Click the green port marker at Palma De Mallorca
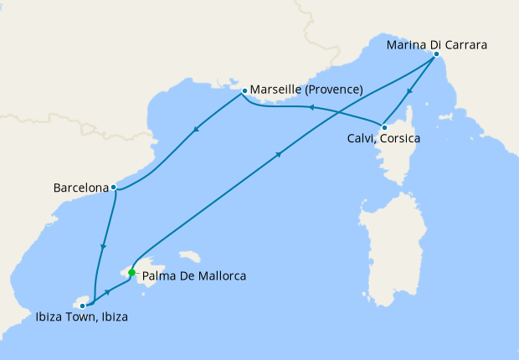coord(131,272)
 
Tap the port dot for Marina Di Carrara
coord(436,55)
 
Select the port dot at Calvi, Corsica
coord(383,126)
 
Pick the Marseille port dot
coord(244,90)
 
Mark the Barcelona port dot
coord(113,188)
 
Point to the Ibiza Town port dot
coord(82,306)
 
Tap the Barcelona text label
coord(80,188)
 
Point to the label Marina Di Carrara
coord(437,44)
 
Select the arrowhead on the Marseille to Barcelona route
coord(196,128)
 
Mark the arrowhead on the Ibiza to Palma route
coord(109,290)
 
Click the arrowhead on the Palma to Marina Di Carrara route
coord(280,154)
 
